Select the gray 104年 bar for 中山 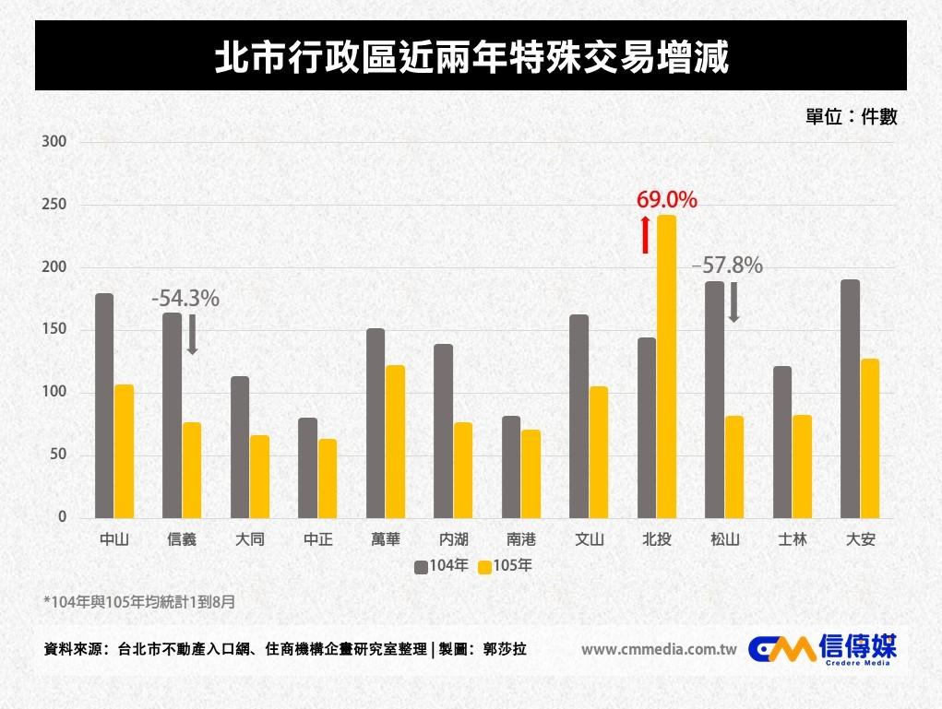(104, 406)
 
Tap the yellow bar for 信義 (192, 470)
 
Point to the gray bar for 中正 (308, 467)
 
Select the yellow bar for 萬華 (395, 441)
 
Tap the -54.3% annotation (185, 299)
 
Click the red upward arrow (646, 234)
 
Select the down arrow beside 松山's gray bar (734, 302)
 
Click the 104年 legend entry (442, 566)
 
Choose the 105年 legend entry (505, 566)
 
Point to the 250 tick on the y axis (54, 205)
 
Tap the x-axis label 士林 (793, 539)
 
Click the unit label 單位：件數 (851, 117)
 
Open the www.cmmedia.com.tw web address (658, 649)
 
